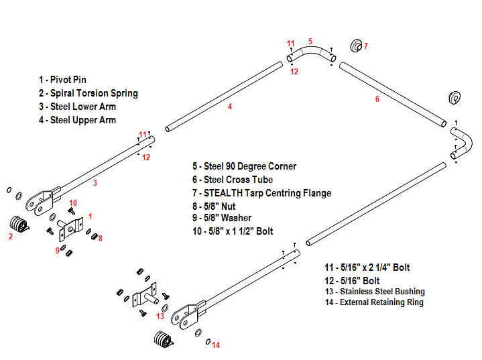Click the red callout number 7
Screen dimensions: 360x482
365,46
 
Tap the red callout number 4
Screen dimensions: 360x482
230,106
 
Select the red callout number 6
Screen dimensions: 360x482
377,99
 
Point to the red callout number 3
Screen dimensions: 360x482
95,182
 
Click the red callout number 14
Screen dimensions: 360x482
215,345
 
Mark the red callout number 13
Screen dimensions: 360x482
160,316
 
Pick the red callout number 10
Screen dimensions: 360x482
73,202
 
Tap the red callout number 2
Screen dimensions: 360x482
10,236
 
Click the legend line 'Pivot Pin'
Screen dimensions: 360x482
62,80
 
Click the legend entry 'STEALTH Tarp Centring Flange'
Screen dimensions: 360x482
261,193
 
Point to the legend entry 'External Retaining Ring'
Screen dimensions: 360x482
372,302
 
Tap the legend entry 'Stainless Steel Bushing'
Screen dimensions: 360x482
372,292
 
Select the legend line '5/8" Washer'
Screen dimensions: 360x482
222,218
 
